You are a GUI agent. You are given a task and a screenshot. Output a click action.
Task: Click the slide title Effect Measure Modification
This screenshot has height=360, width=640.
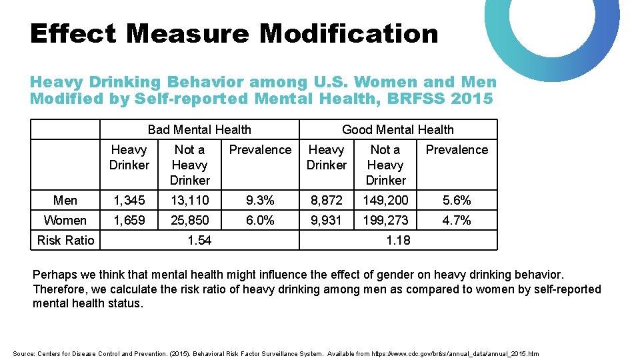click(234, 33)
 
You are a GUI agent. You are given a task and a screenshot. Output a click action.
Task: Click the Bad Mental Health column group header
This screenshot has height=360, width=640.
click(199, 129)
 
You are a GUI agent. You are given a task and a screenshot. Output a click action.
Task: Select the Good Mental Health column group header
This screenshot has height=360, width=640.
click(397, 129)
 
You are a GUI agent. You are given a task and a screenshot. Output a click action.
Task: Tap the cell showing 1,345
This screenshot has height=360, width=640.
click(129, 200)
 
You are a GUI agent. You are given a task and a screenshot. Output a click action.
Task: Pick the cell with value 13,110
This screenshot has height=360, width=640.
click(189, 200)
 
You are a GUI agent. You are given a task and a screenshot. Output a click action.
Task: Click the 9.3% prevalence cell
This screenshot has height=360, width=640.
click(260, 200)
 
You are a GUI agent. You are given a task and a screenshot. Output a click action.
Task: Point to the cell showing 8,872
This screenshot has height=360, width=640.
click(327, 200)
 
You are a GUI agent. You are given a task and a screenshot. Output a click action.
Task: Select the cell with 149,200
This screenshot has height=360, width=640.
click(385, 200)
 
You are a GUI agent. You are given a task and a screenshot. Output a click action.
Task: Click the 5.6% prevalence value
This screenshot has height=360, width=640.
click(457, 200)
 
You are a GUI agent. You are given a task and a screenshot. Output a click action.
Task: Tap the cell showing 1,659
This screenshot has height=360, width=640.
click(129, 220)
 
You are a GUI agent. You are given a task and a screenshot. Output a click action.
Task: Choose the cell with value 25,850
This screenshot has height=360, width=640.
click(189, 220)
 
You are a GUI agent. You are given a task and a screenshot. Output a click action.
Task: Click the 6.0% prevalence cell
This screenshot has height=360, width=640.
click(260, 220)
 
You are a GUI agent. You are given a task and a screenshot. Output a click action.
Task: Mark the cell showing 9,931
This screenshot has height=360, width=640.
click(327, 220)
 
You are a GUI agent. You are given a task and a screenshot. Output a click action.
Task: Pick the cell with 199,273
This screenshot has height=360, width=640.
click(385, 220)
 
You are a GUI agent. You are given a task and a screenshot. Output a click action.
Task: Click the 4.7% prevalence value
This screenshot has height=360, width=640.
click(457, 220)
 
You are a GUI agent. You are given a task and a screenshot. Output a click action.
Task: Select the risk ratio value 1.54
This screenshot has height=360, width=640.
click(199, 240)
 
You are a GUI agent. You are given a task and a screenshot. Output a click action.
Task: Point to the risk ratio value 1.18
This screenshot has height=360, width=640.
click(398, 240)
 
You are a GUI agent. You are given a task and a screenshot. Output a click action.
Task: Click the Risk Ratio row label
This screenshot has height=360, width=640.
click(65, 240)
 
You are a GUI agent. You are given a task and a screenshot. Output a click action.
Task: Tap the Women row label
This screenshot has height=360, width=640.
click(65, 220)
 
